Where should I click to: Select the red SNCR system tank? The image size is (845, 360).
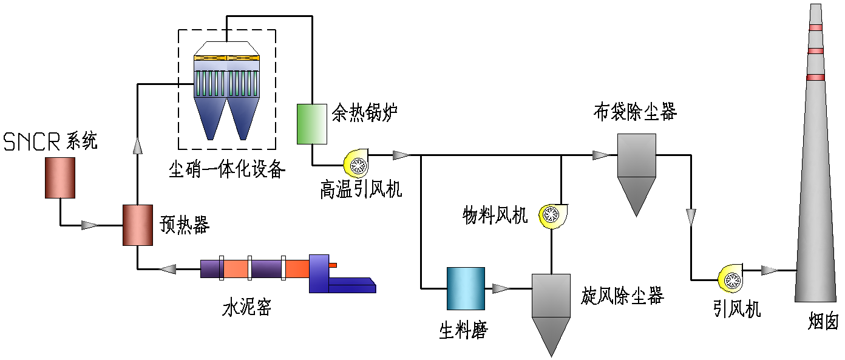pyautogui.click(x=60, y=177)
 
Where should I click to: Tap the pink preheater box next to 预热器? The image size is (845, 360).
pyautogui.click(x=137, y=225)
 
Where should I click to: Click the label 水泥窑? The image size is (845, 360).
pyautogui.click(x=246, y=308)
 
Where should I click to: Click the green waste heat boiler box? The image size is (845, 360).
pyautogui.click(x=311, y=124)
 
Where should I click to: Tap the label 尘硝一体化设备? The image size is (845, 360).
pyautogui.click(x=226, y=168)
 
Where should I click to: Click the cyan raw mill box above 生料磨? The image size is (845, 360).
pyautogui.click(x=466, y=288)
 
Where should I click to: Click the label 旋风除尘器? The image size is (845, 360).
pyautogui.click(x=623, y=296)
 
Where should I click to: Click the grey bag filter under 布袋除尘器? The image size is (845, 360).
pyautogui.click(x=636, y=173)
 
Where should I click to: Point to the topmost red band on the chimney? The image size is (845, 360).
pyautogui.click(x=815, y=27)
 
